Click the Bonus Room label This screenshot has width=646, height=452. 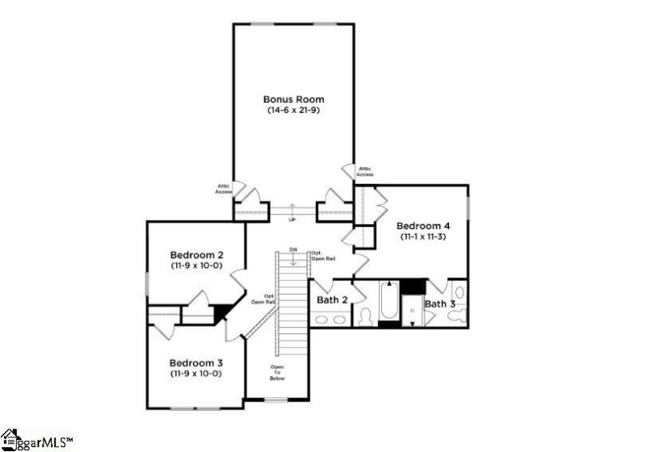tap(294, 99)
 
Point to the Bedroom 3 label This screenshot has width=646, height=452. tap(195, 363)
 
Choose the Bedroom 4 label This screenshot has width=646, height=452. tap(422, 226)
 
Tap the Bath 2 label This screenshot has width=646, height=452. tap(332, 300)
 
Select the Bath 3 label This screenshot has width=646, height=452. tap(440, 303)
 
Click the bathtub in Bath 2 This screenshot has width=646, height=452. tap(388, 303)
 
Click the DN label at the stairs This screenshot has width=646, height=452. tap(294, 251)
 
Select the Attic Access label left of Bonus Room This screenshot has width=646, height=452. tap(224, 189)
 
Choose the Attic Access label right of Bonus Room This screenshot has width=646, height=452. tap(365, 172)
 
